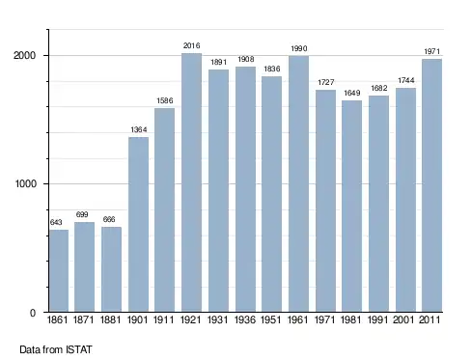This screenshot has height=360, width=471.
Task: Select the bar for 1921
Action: tap(191, 182)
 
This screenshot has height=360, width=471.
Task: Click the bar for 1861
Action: tap(59, 270)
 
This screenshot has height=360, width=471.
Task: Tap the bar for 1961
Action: tap(298, 183)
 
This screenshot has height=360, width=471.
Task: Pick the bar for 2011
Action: tap(432, 185)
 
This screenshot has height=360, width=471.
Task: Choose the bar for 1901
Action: tap(138, 225)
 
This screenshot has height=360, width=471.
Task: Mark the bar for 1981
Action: tap(351, 207)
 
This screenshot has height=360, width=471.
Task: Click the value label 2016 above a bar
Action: tap(191, 45)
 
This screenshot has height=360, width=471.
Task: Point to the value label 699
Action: tap(82, 214)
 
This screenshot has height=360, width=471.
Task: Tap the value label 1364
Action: tap(139, 129)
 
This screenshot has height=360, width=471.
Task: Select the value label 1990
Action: tap(299, 48)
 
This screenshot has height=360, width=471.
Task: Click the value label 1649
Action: tap(351, 93)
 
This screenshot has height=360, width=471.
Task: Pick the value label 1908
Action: tap(246, 59)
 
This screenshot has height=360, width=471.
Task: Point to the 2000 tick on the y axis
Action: tap(24, 55)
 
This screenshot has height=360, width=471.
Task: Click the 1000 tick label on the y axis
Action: tap(26, 183)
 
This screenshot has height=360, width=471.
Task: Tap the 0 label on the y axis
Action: tap(33, 313)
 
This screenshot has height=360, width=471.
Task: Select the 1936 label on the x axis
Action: tap(245, 319)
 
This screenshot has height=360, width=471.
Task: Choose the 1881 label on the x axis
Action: tap(110, 319)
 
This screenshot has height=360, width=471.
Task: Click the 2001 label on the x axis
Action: tap(403, 319)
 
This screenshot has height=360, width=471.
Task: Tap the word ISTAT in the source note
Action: tap(79, 349)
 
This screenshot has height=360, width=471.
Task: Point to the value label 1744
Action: tap(406, 80)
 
